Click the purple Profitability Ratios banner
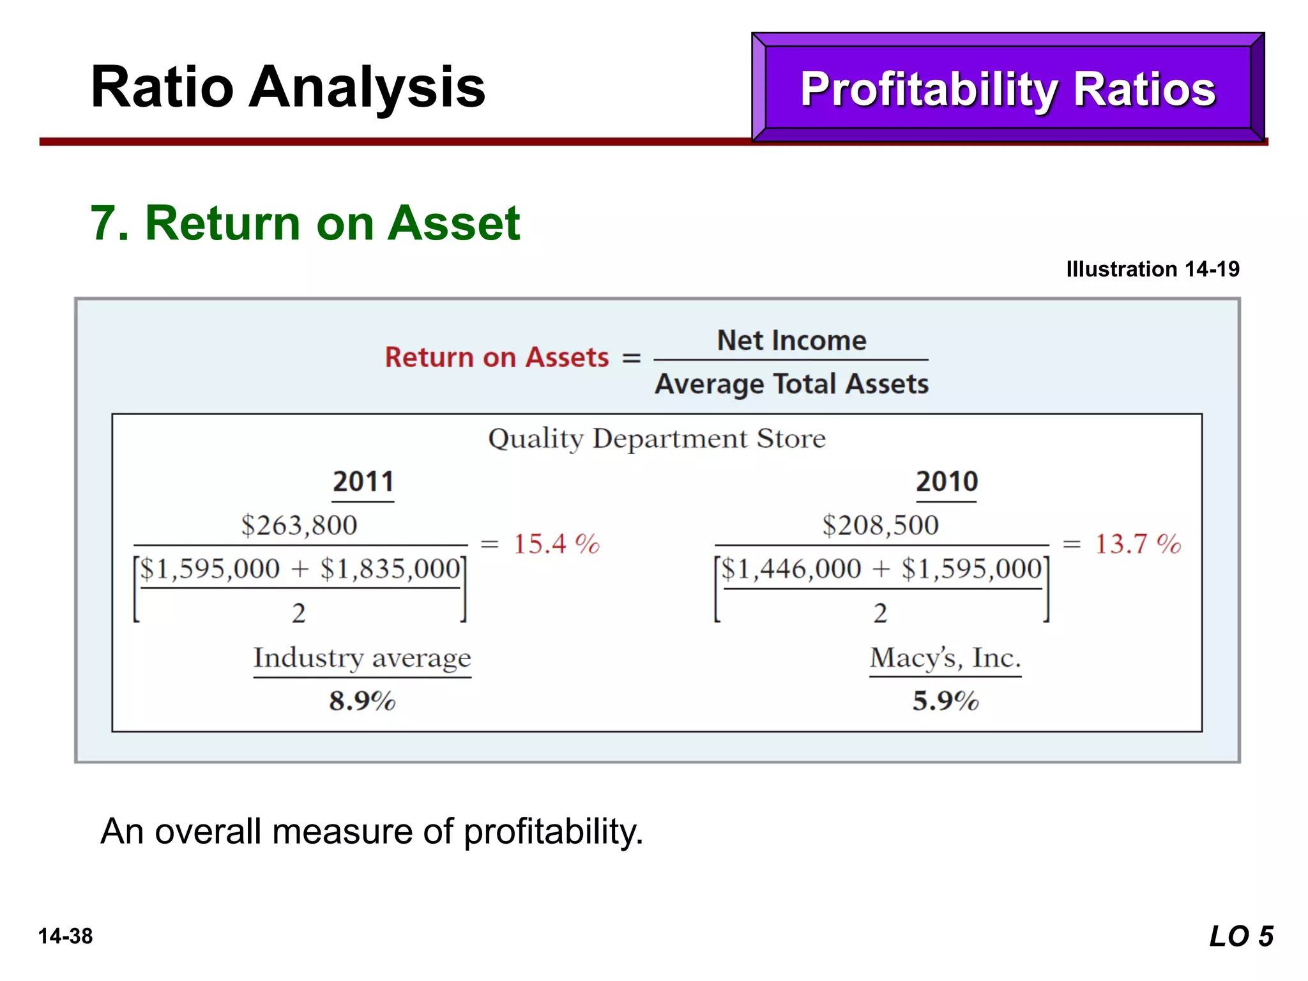click(1007, 88)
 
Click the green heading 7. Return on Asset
click(305, 223)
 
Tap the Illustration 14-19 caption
click(1152, 269)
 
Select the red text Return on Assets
click(497, 357)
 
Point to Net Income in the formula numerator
click(791, 340)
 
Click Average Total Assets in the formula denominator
click(791, 384)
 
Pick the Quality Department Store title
click(657, 439)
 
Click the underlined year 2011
click(363, 482)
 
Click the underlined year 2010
click(947, 482)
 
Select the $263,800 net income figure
click(299, 525)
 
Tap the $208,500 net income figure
click(880, 525)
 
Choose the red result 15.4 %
click(556, 544)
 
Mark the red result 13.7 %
click(1137, 544)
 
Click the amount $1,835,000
click(390, 568)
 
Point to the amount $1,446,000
click(791, 568)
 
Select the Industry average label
click(362, 658)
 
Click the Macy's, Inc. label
click(945, 658)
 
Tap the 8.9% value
click(362, 701)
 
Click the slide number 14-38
click(65, 936)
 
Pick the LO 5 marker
click(1241, 937)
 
